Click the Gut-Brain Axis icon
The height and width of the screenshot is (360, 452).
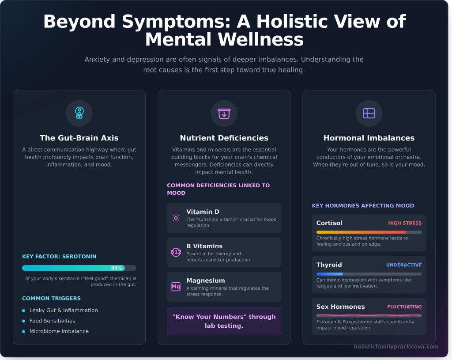(x=79, y=113)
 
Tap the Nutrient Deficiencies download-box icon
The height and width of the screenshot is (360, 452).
(x=224, y=114)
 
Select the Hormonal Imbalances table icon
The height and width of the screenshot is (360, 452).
(x=369, y=114)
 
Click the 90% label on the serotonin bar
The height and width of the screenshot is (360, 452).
(x=117, y=268)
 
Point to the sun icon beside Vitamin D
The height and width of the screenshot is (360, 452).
(x=176, y=218)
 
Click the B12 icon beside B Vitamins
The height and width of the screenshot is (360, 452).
(x=176, y=252)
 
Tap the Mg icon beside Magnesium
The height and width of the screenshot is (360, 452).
(x=176, y=287)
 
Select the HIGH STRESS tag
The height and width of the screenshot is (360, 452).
(x=405, y=223)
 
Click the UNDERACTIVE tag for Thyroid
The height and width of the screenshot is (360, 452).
(x=403, y=265)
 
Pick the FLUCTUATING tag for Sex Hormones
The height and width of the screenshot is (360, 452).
(x=404, y=307)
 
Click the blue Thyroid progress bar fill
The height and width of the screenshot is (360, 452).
(x=329, y=274)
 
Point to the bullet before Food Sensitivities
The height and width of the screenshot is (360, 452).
(x=24, y=321)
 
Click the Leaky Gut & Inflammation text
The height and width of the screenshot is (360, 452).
(x=64, y=311)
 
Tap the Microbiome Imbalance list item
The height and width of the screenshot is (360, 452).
(x=59, y=331)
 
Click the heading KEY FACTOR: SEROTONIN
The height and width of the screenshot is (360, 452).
(x=59, y=257)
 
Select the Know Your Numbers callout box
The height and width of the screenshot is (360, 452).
(x=224, y=321)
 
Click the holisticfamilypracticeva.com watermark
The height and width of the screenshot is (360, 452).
(x=396, y=346)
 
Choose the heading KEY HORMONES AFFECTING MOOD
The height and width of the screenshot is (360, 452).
(x=363, y=205)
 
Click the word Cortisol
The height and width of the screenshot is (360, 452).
(x=329, y=223)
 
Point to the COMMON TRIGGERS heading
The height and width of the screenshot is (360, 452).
(x=51, y=298)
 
